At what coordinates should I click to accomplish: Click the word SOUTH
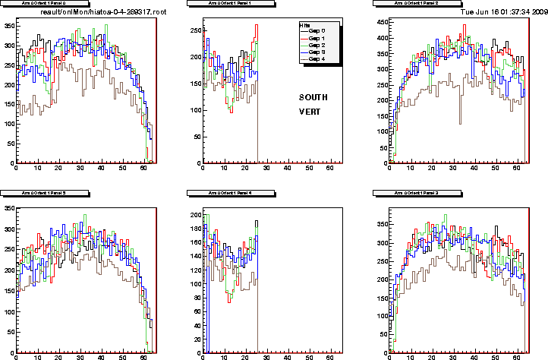(313, 97)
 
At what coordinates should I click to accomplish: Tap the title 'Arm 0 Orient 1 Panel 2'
(414, 4)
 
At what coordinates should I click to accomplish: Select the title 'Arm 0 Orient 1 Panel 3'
(414, 194)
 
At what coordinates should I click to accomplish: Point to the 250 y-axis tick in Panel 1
(194, 30)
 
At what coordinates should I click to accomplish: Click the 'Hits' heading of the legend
(306, 24)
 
